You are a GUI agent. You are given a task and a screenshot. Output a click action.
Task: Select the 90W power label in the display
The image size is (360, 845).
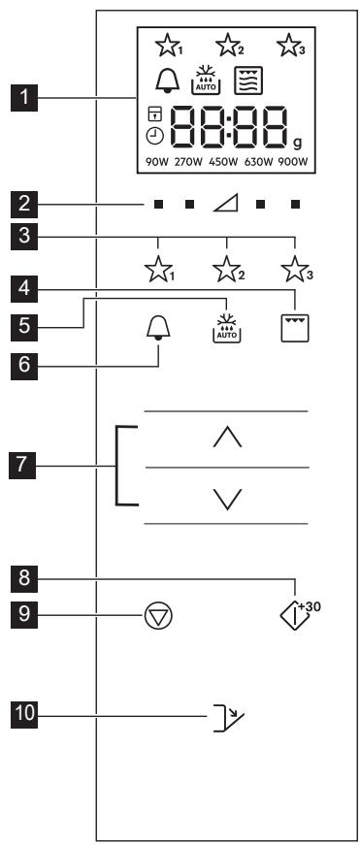coord(157,162)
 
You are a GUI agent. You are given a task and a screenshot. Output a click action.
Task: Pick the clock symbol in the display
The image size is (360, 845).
coord(154,138)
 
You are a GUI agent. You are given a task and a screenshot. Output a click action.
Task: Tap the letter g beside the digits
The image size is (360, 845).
coord(298,143)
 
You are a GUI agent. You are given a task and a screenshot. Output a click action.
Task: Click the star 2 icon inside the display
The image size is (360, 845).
coord(229,46)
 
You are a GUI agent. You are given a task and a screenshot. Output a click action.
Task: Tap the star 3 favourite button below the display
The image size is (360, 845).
coord(296,269)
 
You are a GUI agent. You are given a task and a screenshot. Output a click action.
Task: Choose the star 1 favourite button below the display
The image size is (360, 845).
coord(158,269)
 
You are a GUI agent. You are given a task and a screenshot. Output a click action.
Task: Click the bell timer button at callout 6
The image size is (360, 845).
coord(158,327)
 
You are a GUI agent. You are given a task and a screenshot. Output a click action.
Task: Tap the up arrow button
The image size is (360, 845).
coord(227,436)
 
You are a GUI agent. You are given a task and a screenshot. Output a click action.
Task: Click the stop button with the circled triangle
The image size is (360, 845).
coord(158,615)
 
